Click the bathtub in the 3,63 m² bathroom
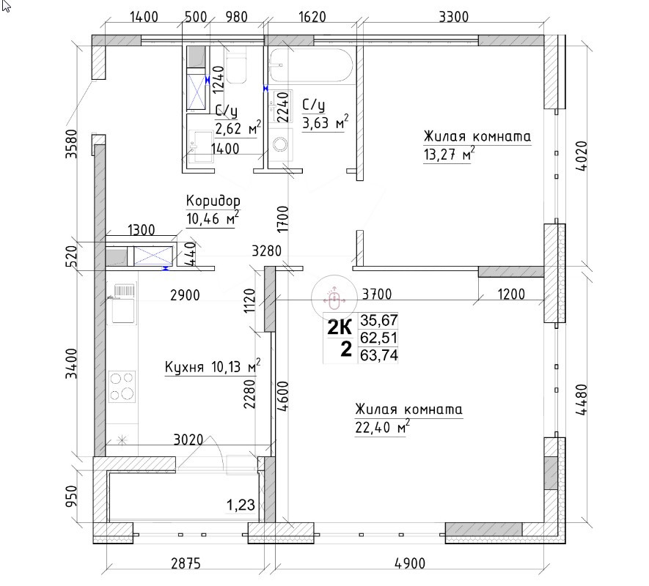pyautogui.click(x=311, y=66)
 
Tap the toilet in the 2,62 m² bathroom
pyautogui.click(x=236, y=67)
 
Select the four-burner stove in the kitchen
pyautogui.click(x=122, y=386)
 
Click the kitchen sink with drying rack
pyautogui.click(x=122, y=303)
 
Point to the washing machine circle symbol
pyautogui.click(x=282, y=145)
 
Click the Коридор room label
pyautogui.click(x=213, y=201)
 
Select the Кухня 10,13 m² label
pyautogui.click(x=213, y=366)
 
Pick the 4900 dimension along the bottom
pyautogui.click(x=409, y=563)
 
